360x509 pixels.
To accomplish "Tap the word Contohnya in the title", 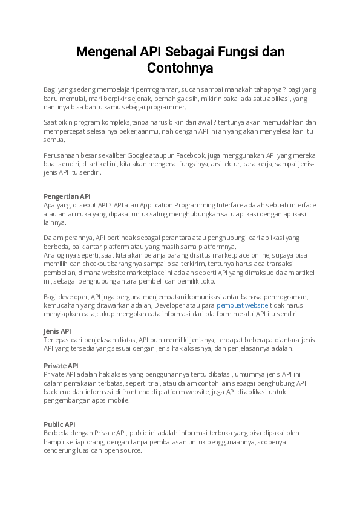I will [x=180, y=68].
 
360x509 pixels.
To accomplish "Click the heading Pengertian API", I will [x=67, y=196].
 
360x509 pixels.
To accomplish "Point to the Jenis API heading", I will [x=57, y=331].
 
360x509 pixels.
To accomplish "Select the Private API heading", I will [x=61, y=366].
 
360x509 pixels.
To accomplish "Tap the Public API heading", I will [x=59, y=424].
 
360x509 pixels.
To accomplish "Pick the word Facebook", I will [x=192, y=155].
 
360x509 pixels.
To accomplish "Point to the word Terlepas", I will [x=57, y=340].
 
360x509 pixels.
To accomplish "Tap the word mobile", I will [x=119, y=400].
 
